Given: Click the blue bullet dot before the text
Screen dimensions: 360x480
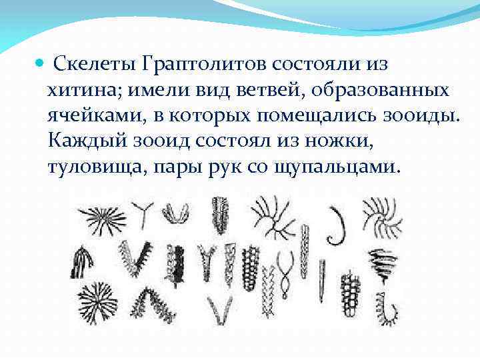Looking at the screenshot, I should point(39,65).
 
